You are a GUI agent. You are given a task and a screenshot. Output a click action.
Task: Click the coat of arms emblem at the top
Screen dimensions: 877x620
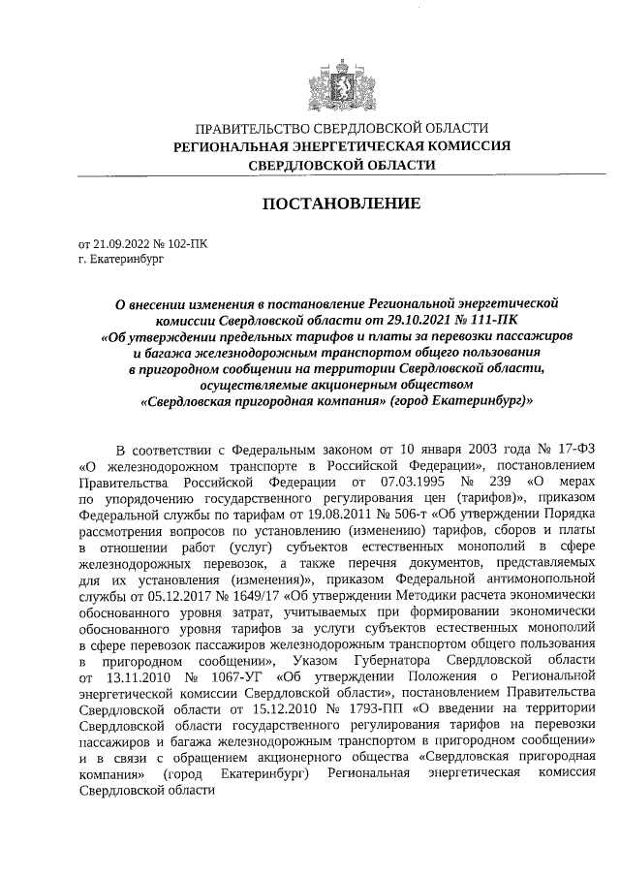coord(337,78)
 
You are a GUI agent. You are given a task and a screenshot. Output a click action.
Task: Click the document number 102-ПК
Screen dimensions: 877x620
coord(188,244)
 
